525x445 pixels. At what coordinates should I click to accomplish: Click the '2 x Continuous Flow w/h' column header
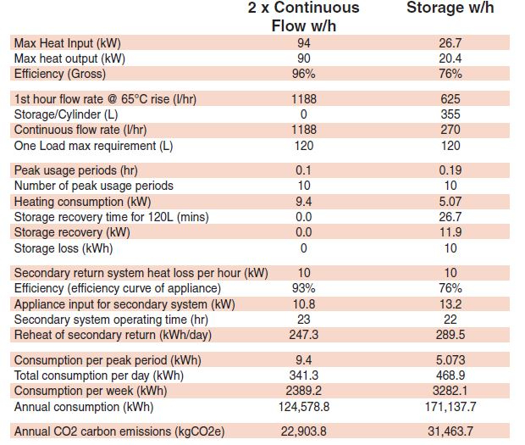click(303, 16)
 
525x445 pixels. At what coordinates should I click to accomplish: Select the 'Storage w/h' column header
click(450, 8)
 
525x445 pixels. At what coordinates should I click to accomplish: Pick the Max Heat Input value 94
click(303, 43)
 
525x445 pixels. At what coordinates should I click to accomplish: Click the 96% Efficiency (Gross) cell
click(303, 73)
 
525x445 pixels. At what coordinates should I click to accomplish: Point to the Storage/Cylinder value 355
click(450, 114)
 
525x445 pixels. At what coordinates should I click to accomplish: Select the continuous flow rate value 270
click(450, 130)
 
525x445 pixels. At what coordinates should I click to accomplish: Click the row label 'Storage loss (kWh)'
click(64, 248)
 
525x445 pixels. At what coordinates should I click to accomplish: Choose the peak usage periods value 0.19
click(450, 170)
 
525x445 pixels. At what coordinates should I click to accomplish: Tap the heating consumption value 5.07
click(450, 202)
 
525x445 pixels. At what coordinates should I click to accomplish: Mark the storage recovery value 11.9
click(450, 232)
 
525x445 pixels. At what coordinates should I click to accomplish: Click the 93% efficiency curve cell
click(303, 288)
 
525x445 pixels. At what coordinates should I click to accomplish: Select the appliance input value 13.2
click(450, 303)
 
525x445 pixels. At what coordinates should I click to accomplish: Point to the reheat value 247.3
click(303, 335)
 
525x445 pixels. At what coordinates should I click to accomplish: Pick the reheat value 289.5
click(450, 335)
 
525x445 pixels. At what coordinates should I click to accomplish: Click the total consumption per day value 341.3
click(303, 375)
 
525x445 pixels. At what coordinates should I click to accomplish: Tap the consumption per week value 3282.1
click(450, 391)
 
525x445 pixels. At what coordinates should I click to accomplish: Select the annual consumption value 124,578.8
click(303, 406)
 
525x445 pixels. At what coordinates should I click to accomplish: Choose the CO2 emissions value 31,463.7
click(450, 431)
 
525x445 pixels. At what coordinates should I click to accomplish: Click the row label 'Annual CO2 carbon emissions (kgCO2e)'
click(118, 431)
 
